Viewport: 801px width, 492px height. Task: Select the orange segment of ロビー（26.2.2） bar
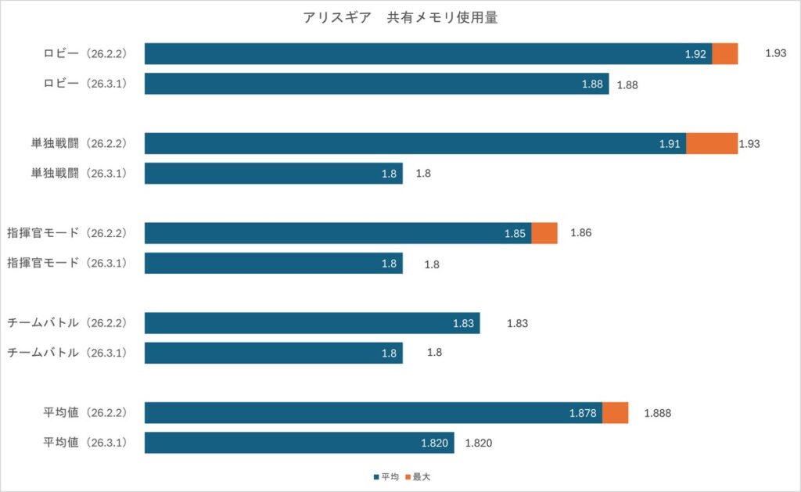[725, 54]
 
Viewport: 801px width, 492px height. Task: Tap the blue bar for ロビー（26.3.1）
[375, 84]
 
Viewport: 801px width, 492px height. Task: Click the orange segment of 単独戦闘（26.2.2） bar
[712, 144]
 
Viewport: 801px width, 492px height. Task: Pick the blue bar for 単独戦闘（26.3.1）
[274, 174]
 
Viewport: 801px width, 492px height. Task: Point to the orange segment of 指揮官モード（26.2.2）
[544, 233]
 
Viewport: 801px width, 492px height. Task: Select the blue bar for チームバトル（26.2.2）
[312, 323]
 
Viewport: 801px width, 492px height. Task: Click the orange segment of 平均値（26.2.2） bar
[615, 413]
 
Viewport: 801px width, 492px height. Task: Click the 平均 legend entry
[384, 476]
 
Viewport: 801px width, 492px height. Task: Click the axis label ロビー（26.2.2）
[84, 54]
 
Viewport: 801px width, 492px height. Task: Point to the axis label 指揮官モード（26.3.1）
[66, 264]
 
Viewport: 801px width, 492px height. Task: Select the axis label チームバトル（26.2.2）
[66, 323]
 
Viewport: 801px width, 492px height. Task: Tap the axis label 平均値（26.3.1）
[84, 443]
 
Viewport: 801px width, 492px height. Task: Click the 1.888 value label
[658, 413]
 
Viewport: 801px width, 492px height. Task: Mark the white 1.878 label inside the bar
[584, 413]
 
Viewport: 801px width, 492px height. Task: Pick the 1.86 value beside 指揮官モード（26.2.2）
[581, 233]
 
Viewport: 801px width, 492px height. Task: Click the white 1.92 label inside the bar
[695, 54]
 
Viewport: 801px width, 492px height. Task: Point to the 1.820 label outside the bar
[479, 443]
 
